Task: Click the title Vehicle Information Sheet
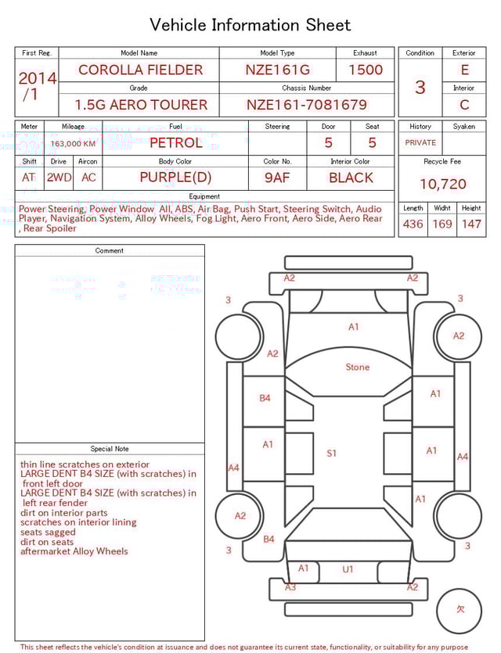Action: point(250,25)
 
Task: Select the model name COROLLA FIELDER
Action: point(140,70)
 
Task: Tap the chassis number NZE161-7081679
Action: point(307,105)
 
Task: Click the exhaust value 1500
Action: point(366,70)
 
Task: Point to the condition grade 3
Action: point(420,87)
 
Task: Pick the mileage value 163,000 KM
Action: point(73,144)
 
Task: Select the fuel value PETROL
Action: point(175,142)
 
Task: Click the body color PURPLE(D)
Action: point(175,178)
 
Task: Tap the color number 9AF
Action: point(277,178)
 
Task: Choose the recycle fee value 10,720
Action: point(443,185)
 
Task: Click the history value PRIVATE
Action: point(420,143)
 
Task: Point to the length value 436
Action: point(413,224)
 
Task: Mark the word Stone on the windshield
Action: point(358,367)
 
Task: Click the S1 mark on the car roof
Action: point(332,453)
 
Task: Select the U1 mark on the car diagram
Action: point(348,569)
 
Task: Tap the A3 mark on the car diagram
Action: point(290,587)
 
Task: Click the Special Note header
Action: point(110,449)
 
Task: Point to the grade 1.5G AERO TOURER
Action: point(141,105)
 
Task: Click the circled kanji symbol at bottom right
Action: point(461,609)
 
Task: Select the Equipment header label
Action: point(204,196)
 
